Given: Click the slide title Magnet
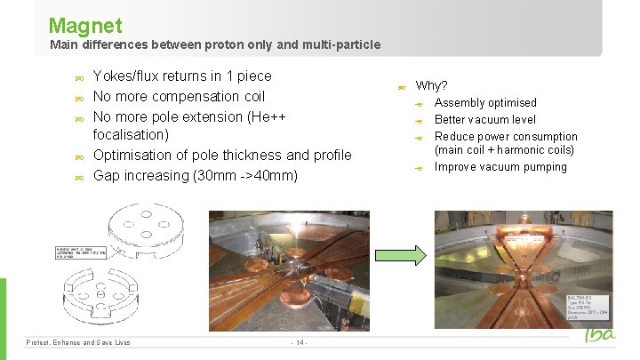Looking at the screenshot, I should tap(85, 25).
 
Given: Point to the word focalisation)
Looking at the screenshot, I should tap(131, 135).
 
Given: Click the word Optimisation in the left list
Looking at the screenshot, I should tap(133, 156).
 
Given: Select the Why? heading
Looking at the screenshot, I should tap(432, 86).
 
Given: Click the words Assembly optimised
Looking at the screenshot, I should tap(485, 103).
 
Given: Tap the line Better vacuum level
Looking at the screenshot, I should tap(484, 120).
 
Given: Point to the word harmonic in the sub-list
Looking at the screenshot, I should tap(520, 150).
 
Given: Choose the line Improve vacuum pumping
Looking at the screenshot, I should tap(500, 167).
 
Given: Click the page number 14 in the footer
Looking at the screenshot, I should tap(300, 342).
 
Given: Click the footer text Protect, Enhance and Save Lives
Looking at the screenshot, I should tap(78, 342).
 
